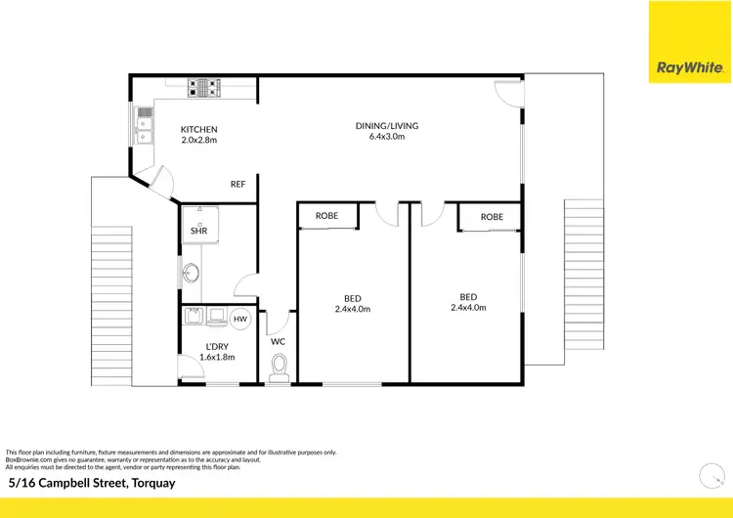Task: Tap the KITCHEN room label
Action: [x=198, y=130]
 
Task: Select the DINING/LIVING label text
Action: [x=380, y=124]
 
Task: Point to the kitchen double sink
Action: [x=144, y=125]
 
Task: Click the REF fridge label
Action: [x=237, y=184]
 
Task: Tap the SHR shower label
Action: [x=198, y=232]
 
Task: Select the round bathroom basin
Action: [x=190, y=272]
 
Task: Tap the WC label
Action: [x=278, y=342]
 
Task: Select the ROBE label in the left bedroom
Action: [x=327, y=216]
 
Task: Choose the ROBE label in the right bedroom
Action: [x=492, y=216]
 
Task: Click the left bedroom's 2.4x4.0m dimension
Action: [x=352, y=309]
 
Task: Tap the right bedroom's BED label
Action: [x=468, y=296]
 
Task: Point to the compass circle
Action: [x=711, y=476]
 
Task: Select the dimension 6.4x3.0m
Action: [x=380, y=136]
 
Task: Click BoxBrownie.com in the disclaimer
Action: [x=28, y=458]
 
